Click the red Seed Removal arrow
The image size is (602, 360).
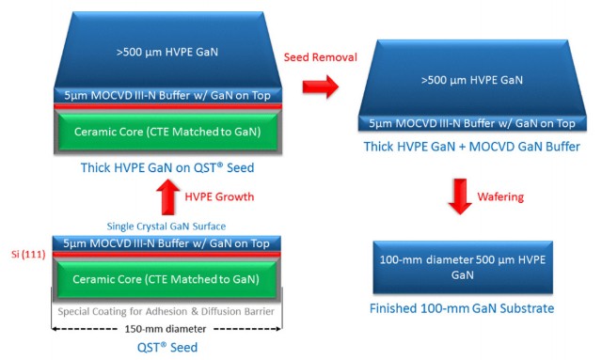click(320, 86)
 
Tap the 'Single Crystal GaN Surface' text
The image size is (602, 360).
click(164, 225)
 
